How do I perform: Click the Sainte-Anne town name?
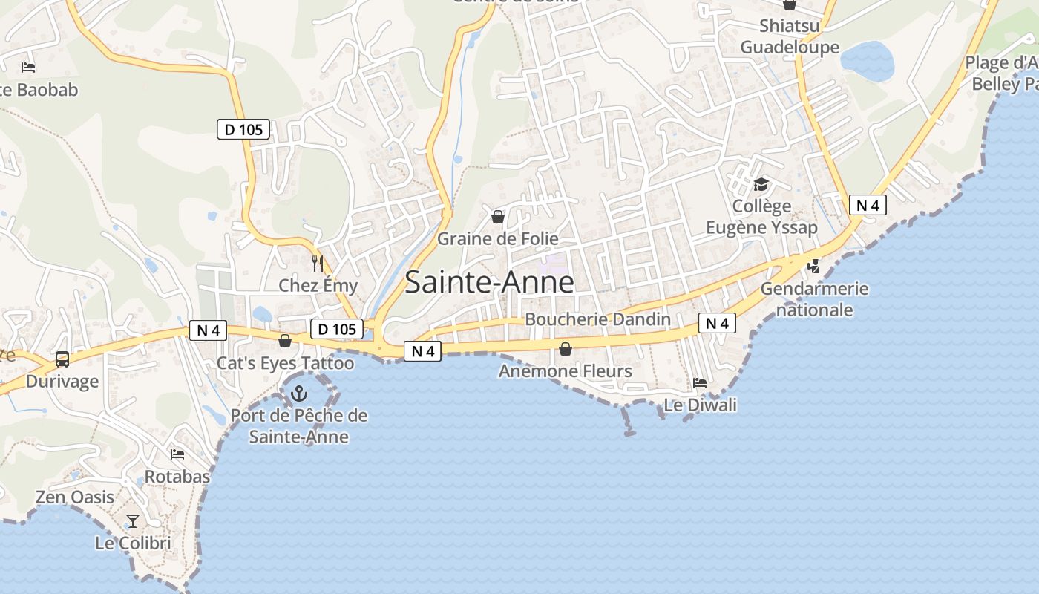[x=489, y=283]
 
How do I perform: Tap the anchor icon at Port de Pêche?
[x=299, y=393]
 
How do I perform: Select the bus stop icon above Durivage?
[x=62, y=359]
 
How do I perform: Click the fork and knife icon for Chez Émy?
[x=318, y=263]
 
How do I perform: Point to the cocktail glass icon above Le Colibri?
[x=133, y=521]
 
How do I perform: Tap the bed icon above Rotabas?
[x=177, y=454]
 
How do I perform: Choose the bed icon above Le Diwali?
[x=700, y=383]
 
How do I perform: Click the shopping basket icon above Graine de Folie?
[x=498, y=217]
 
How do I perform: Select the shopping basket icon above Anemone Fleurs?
[x=566, y=348]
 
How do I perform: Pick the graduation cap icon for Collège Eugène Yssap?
[x=761, y=184]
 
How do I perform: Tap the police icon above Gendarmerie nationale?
[x=814, y=266]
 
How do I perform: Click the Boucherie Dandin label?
[x=597, y=319]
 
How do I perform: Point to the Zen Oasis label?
[x=75, y=497]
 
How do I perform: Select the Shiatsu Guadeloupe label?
[x=790, y=37]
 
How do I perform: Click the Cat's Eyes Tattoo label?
[x=285, y=363]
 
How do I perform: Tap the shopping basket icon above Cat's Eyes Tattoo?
[x=284, y=341]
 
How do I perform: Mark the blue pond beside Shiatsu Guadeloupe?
[x=868, y=61]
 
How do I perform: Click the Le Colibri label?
[x=133, y=543]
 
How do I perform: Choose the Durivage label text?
[x=62, y=382]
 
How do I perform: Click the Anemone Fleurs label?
[x=566, y=371]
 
